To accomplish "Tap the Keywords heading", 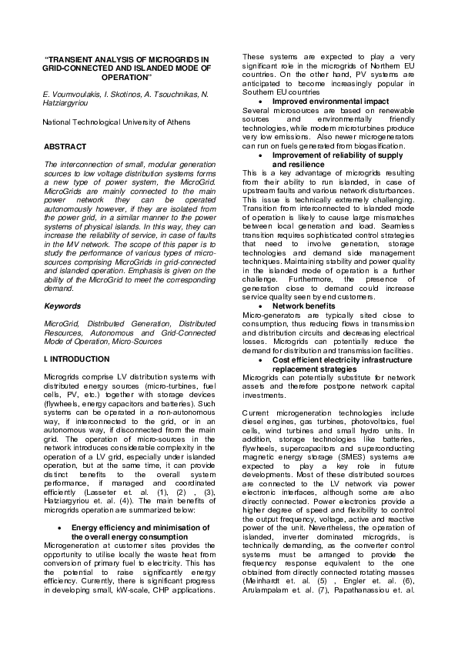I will pyautogui.click(x=62, y=306).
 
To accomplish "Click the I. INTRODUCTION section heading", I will pyautogui.click(x=77, y=359).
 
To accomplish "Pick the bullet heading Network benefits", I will pyautogui.click(x=306, y=306).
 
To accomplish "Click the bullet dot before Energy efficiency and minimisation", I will pyautogui.click(x=60, y=528).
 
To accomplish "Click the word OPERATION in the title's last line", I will pyautogui.click(x=127, y=77).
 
